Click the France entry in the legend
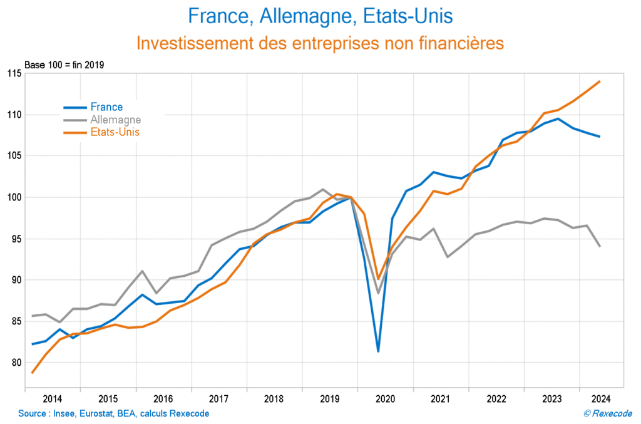(x=106, y=107)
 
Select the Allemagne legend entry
(x=115, y=120)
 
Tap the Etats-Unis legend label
(x=115, y=132)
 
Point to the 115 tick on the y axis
(x=13, y=73)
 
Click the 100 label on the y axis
(x=13, y=197)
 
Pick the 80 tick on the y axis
(x=15, y=363)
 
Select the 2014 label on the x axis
(x=52, y=399)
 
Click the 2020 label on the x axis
(x=384, y=399)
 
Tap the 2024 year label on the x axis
(x=601, y=399)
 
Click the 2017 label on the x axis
(x=218, y=399)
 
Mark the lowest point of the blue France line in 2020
(x=378, y=351)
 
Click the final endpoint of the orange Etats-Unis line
(x=600, y=81)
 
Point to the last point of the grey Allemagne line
(x=600, y=246)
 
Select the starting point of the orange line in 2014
(x=33, y=373)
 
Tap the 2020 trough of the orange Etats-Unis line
(x=378, y=279)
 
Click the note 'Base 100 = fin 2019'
(x=64, y=65)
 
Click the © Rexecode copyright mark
(x=607, y=413)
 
